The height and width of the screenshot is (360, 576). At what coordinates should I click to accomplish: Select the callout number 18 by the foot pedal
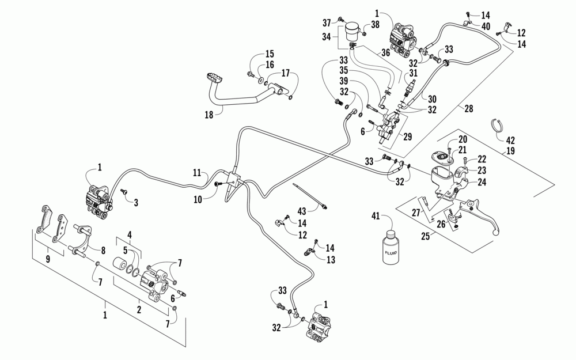tap(209, 115)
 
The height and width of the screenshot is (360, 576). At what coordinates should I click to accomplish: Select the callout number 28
tap(469, 108)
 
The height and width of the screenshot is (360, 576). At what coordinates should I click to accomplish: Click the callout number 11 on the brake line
tap(198, 172)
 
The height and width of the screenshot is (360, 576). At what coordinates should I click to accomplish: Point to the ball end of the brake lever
tap(497, 232)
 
